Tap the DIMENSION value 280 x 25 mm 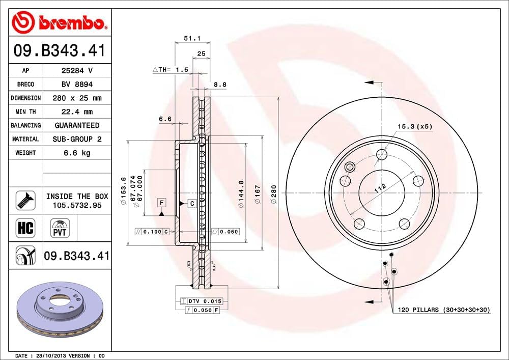tap(77, 98)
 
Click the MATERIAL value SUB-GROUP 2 tap(77, 139)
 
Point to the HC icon tap(25, 228)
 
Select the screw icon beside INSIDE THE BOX tap(25, 200)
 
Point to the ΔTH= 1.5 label tap(171, 69)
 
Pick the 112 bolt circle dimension tap(379, 189)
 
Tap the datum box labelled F tap(161, 203)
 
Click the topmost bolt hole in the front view tap(382, 154)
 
